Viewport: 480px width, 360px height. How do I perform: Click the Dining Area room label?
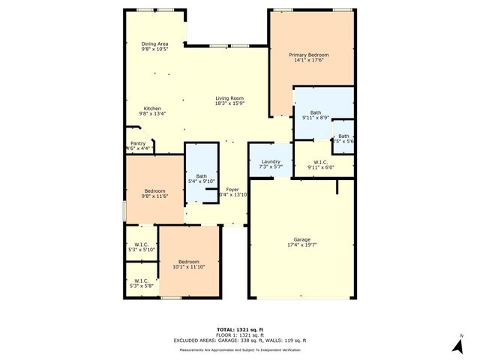[155, 43]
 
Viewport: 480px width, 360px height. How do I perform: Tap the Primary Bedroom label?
[309, 55]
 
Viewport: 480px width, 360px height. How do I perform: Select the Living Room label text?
[229, 98]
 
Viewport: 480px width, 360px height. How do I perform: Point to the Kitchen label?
[152, 109]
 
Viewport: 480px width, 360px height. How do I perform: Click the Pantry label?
[138, 143]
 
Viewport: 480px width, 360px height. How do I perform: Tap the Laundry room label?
[271, 161]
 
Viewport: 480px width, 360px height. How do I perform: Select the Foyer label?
[232, 189]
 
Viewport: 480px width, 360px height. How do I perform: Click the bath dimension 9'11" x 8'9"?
[315, 118]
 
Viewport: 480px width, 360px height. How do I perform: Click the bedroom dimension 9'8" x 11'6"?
[154, 196]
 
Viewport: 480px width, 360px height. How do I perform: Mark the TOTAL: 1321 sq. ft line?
[239, 330]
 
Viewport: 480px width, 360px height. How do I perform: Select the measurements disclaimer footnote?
[239, 350]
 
